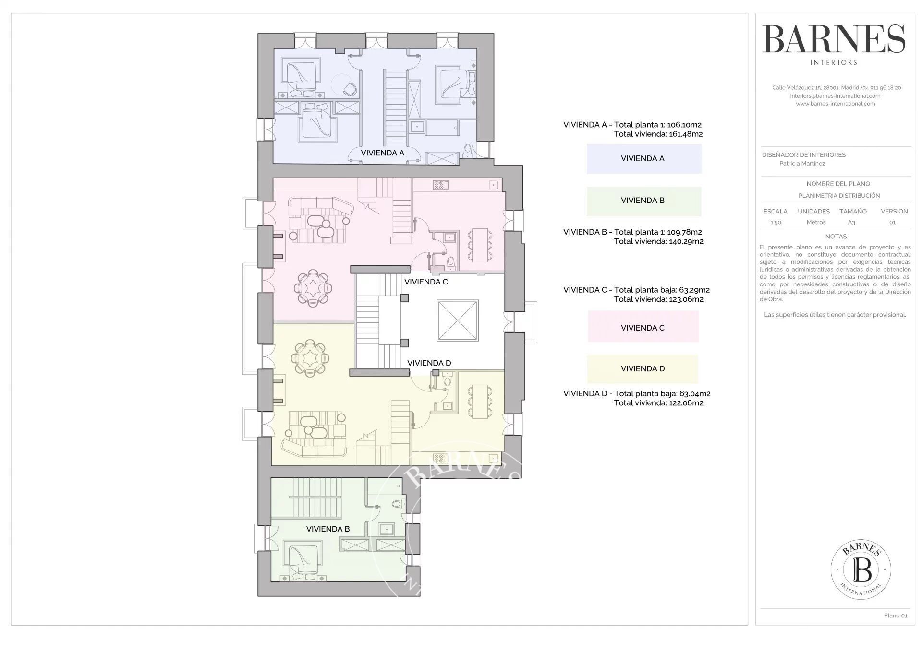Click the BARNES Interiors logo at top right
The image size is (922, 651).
[x=834, y=45]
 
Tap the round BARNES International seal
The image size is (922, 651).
[x=861, y=569]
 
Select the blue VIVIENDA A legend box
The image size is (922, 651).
[x=644, y=159]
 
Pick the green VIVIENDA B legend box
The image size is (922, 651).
[x=644, y=201]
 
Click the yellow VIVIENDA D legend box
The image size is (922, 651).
[x=643, y=368]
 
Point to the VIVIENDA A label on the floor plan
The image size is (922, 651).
[x=382, y=153]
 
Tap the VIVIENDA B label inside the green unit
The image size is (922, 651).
[x=328, y=529]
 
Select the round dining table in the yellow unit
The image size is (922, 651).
[x=311, y=358]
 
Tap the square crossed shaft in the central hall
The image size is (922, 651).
[x=458, y=320]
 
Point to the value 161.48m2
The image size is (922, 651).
[x=685, y=134]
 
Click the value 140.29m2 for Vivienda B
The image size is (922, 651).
[x=686, y=241]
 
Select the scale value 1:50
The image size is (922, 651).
[x=776, y=223]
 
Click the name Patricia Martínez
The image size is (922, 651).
[x=802, y=164]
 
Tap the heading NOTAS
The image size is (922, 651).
[x=836, y=237]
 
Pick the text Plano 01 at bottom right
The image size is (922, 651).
[x=896, y=615]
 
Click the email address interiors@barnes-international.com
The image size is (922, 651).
[x=835, y=96]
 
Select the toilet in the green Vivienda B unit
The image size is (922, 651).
[x=398, y=504]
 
